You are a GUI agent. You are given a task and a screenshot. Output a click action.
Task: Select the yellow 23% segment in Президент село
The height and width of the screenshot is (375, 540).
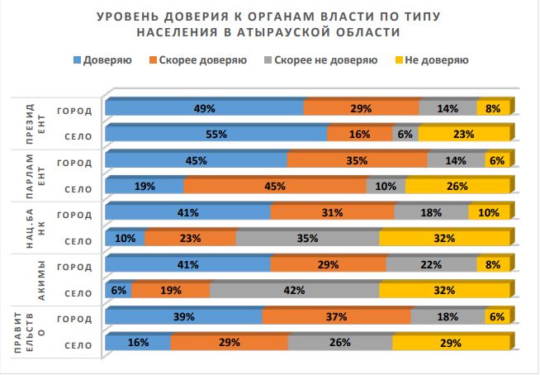pos(461,135)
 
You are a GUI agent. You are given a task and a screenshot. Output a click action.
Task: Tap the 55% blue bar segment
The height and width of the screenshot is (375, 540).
pos(216,135)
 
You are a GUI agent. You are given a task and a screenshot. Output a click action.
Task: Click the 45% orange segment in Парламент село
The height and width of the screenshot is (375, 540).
pos(274,187)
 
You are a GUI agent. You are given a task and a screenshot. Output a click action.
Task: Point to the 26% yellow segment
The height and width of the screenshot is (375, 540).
pos(456,187)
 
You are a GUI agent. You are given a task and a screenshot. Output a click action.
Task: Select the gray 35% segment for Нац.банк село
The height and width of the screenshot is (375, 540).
pos(307,240)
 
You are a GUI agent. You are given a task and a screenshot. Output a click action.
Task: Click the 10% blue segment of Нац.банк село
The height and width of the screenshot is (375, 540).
pos(125,240)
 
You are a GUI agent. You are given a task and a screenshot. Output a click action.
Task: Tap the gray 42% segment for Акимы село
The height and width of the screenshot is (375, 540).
pos(295,291)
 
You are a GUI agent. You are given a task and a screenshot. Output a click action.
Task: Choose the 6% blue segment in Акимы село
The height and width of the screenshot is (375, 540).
pos(117,291)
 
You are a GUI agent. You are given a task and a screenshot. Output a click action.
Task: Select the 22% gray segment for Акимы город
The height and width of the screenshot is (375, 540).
pos(431,266)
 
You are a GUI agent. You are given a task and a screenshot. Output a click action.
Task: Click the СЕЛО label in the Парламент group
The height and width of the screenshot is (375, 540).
pos(78,188)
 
